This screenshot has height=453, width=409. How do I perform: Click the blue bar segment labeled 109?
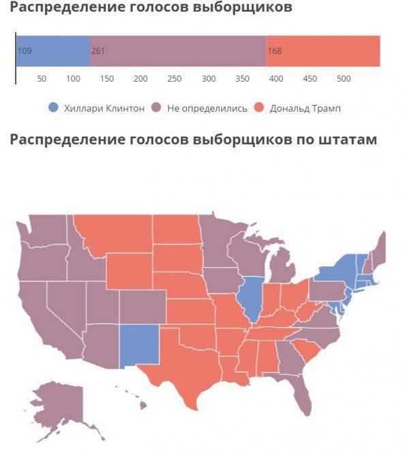pyautogui.click(x=53, y=51)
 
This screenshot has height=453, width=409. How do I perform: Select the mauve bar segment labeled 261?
pyautogui.click(x=177, y=51)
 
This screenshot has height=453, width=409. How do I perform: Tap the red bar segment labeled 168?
pyautogui.click(x=322, y=51)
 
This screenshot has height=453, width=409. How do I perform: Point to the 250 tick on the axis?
pyautogui.click(x=175, y=79)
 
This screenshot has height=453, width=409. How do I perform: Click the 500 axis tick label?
pyautogui.click(x=344, y=79)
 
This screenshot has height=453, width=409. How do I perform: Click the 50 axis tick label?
pyautogui.click(x=42, y=79)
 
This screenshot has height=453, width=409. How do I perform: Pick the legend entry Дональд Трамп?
pyautogui.click(x=304, y=108)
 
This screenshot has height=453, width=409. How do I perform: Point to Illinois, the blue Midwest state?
pyautogui.click(x=252, y=300)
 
